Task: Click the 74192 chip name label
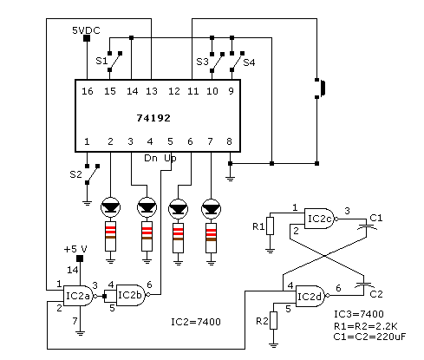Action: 153,118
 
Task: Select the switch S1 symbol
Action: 114,62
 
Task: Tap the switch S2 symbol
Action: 92,174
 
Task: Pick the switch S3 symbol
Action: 217,62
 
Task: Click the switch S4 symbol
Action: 237,62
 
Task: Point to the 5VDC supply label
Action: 86,30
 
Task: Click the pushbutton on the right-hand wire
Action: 320,88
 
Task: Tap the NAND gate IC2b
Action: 133,295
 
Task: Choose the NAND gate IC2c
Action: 321,219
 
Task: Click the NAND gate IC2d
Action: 312,296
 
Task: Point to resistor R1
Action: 270,226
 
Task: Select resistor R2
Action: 273,320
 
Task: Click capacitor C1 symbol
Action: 367,226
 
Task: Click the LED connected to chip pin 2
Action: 110,207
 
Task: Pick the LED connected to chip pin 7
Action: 211,208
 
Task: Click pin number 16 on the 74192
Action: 88,91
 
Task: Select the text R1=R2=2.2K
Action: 366,326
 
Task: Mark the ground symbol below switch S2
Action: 87,203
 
